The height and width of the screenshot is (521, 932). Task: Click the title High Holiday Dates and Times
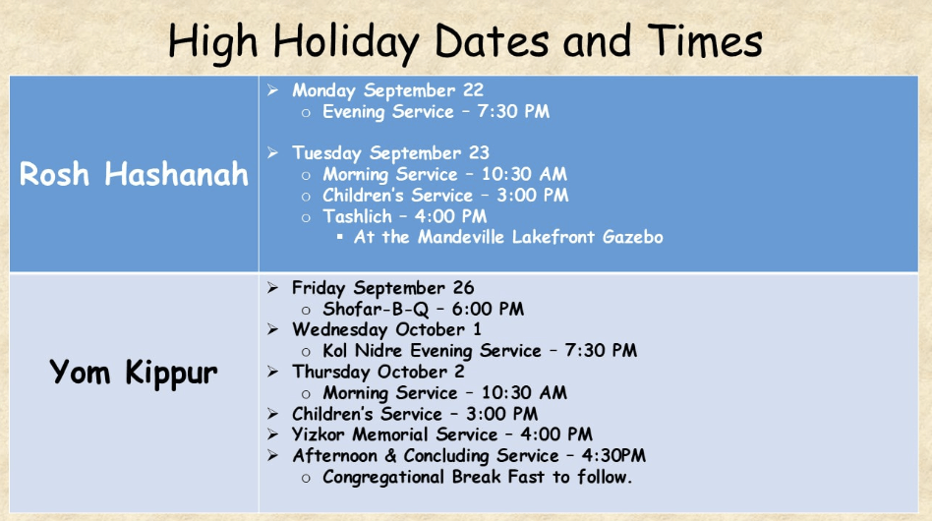pos(465,41)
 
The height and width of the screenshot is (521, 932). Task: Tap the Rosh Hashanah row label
pos(134,174)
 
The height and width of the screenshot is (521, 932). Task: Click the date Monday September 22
pos(387,90)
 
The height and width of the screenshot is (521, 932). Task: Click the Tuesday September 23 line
pos(390,153)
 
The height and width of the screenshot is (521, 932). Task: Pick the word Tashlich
pos(357,216)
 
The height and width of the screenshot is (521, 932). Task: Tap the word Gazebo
pos(632,237)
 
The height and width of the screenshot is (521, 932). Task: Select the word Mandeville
pos(462,237)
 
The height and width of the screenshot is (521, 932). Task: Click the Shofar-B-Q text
pos(376,309)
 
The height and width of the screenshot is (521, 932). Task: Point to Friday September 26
pos(382,288)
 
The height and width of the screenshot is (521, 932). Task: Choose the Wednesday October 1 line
pos(386,329)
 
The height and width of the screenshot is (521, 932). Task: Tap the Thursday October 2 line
pos(379,372)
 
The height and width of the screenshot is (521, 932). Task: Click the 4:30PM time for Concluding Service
pos(613,456)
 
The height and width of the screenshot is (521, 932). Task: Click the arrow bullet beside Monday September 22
pos(273,90)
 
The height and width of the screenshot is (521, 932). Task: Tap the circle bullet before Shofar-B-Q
pos(306,310)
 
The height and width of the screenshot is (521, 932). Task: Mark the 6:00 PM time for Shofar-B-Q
pos(488,309)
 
